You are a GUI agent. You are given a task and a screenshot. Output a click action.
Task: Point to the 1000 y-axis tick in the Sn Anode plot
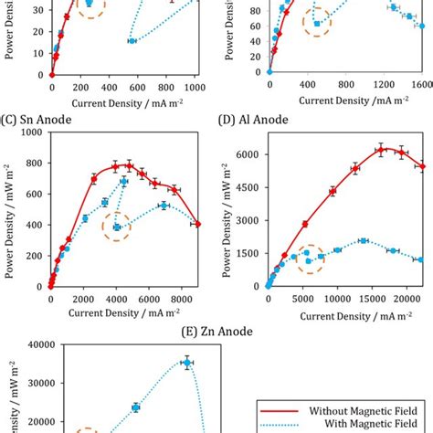[x=35, y=132]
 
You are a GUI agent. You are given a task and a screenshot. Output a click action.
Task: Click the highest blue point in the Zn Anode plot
[x=186, y=363]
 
